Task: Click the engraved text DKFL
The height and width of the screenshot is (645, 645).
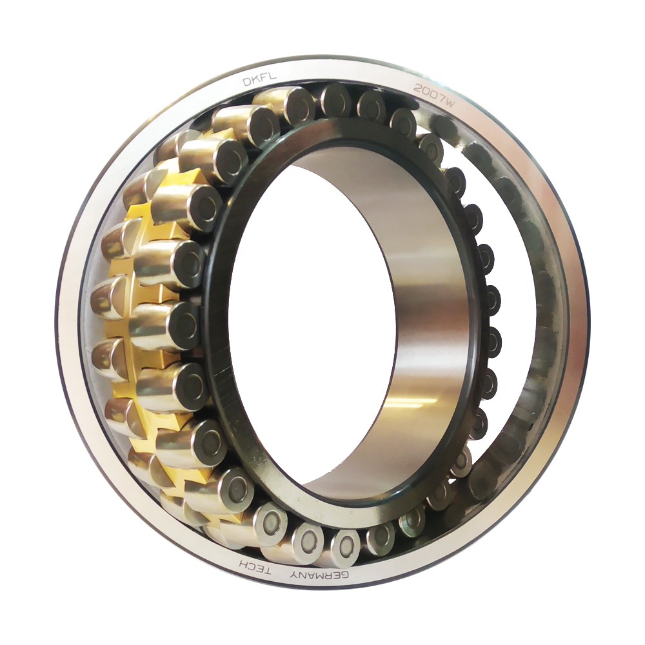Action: [x=253, y=79]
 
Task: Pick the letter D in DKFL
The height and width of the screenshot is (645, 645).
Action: [x=246, y=82]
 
